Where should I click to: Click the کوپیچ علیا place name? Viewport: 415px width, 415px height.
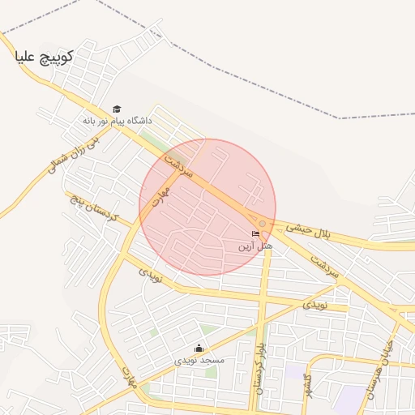pyautogui.click(x=44, y=57)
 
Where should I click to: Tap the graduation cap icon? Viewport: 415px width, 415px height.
pyautogui.click(x=117, y=109)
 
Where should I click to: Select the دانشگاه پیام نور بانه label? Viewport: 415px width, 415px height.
pyautogui.click(x=117, y=121)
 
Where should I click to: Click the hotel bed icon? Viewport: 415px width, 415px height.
pyautogui.click(x=256, y=234)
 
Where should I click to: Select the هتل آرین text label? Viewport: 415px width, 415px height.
pyautogui.click(x=256, y=245)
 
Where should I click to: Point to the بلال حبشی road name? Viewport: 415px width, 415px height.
pyautogui.click(x=312, y=233)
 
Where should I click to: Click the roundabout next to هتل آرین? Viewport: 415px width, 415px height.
pyautogui.click(x=262, y=223)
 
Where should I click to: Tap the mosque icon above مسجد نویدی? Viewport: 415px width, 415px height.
pyautogui.click(x=199, y=349)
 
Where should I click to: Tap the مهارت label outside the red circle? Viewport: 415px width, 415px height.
pyautogui.click(x=127, y=377)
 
